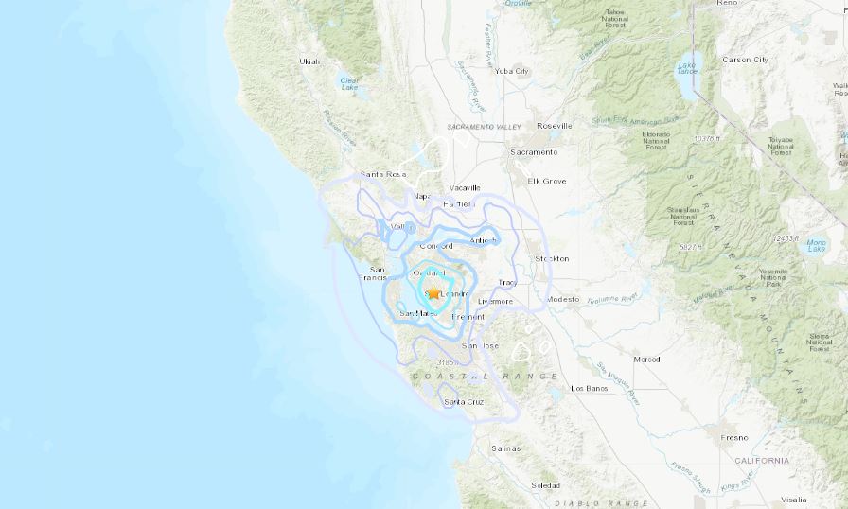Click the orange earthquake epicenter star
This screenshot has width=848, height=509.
point(433,293)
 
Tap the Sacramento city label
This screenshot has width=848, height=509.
point(535,151)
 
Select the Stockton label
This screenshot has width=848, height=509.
point(552,258)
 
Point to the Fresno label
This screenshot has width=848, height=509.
point(733,437)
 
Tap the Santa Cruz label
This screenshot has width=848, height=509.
point(464,402)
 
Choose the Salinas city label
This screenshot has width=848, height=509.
point(506,448)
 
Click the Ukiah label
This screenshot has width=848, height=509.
point(309,61)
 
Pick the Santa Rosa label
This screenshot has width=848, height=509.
point(383,175)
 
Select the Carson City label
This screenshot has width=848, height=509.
point(746,60)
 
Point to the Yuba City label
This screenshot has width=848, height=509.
point(511,71)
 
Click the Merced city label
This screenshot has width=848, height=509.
point(647,360)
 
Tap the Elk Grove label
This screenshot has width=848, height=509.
point(547,181)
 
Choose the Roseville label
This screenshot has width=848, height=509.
point(554,125)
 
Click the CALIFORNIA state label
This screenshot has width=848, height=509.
point(761,461)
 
